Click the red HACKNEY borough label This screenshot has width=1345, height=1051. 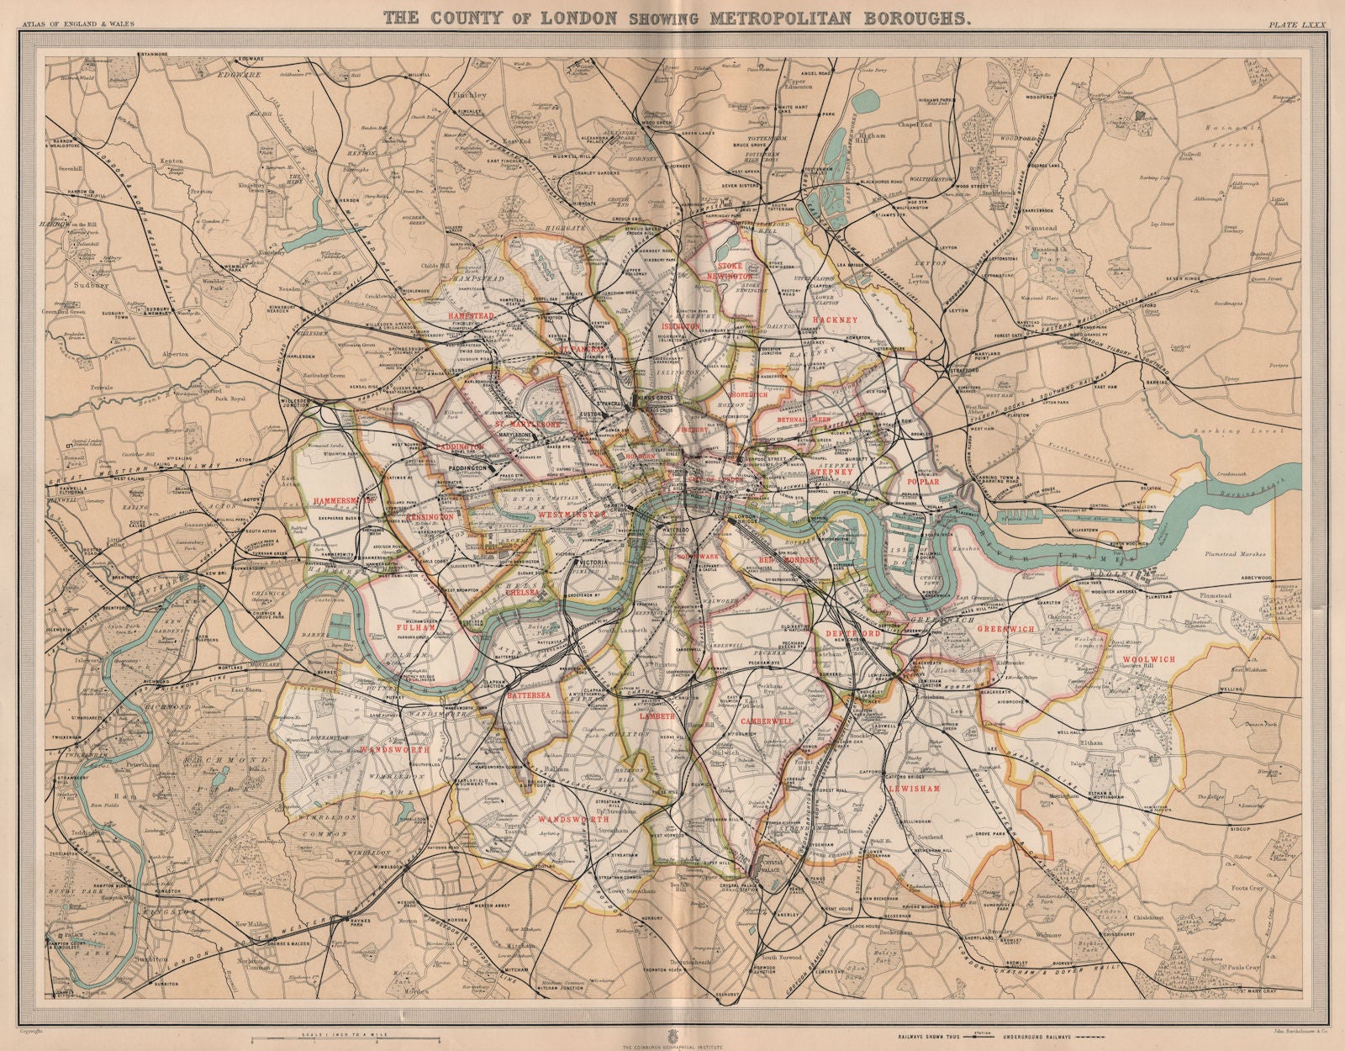click(835, 320)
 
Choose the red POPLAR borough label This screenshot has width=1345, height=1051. click(922, 483)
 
